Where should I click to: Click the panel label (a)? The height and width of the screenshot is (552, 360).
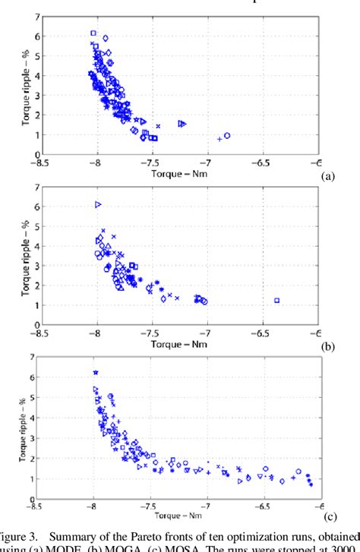(x=327, y=174)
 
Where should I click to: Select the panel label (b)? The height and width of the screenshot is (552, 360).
(x=327, y=345)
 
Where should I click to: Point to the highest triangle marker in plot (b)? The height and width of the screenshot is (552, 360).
(x=98, y=204)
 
